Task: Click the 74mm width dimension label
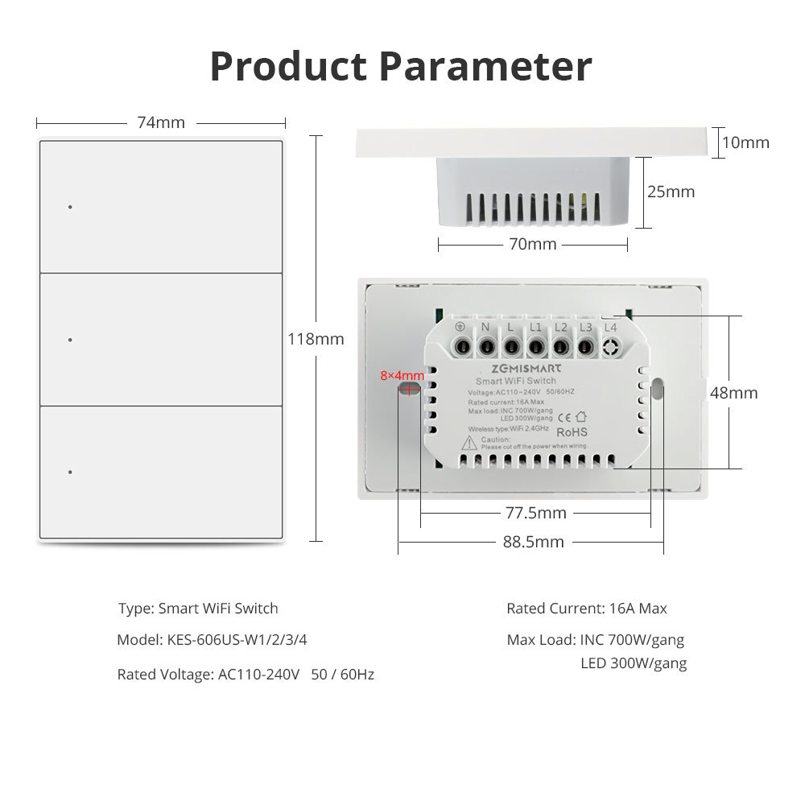[161, 123]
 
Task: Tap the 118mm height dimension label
[316, 339]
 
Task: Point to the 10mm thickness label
[745, 142]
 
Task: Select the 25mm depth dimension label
[671, 192]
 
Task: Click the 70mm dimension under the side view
[532, 244]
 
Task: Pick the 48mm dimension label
[733, 393]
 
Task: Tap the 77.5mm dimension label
[535, 513]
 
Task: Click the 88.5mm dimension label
[533, 542]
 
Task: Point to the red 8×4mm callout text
[402, 375]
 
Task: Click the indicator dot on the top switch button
[70, 207]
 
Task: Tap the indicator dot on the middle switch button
[70, 340]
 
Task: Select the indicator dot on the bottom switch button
[70, 472]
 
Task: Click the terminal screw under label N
[487, 348]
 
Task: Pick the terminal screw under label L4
[610, 348]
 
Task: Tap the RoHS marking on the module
[573, 432]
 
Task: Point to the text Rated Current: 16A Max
[586, 609]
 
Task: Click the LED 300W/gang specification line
[634, 663]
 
